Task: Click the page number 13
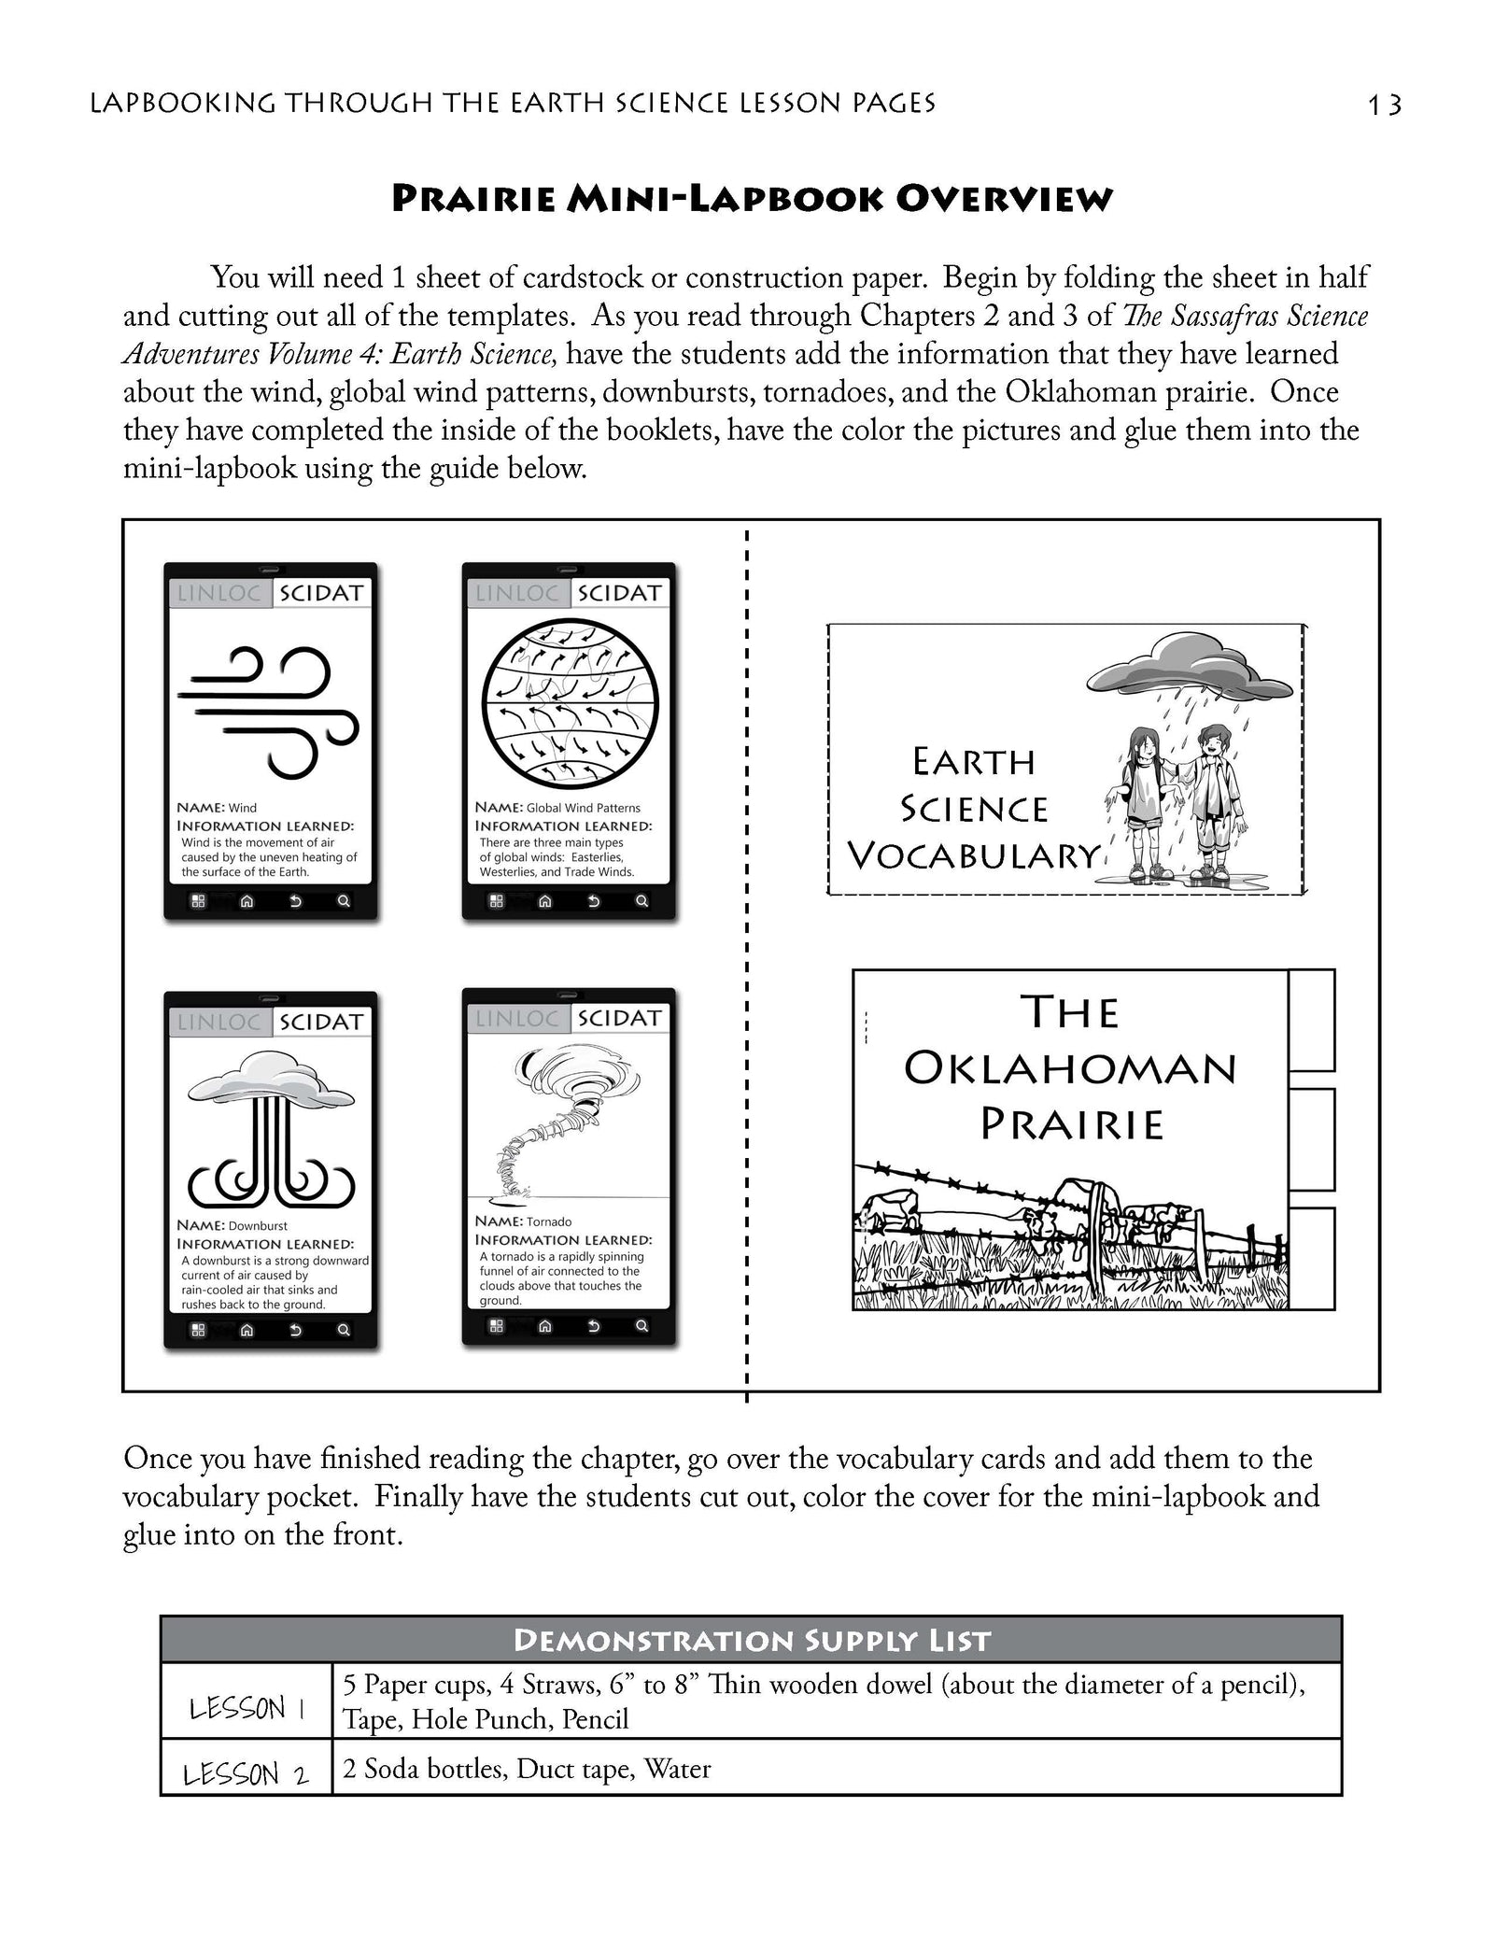coord(1385,105)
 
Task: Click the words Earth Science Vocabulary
coord(974,809)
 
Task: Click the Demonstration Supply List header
coord(751,1640)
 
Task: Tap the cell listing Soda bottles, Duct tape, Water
coord(528,1769)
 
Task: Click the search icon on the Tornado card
coord(641,1326)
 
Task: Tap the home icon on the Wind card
coord(247,901)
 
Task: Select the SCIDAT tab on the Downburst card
coord(321,1022)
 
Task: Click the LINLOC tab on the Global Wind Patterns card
coord(517,593)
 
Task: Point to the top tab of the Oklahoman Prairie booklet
coord(1311,1020)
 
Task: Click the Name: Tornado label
coord(523,1221)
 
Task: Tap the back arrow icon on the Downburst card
coord(295,1330)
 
